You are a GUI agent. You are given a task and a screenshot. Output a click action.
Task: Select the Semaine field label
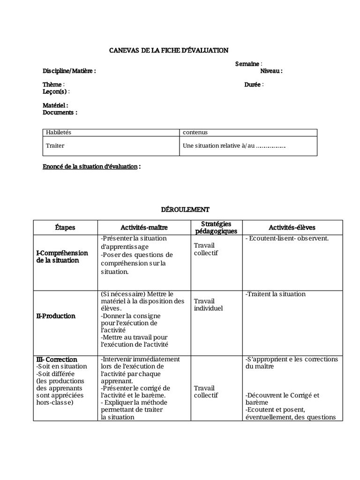pos(248,64)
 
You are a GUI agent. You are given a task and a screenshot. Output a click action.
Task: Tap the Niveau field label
pos(271,71)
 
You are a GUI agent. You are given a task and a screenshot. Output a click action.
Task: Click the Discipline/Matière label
pos(69,71)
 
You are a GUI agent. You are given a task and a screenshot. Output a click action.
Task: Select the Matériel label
pos(55,105)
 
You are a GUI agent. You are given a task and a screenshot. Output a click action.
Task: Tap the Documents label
pos(60,112)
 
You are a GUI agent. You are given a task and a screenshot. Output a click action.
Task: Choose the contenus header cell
pos(195,133)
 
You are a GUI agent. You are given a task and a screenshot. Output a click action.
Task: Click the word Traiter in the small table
pos(55,146)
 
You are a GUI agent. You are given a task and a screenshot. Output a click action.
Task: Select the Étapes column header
pos(65,227)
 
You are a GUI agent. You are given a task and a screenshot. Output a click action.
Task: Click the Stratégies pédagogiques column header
pos(216,227)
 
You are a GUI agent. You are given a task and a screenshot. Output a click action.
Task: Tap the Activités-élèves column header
pos(292,227)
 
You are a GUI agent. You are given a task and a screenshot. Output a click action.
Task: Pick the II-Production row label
pos(56,316)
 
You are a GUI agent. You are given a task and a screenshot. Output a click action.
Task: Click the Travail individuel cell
pos(209,305)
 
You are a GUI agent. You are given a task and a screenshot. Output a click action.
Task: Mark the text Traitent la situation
pos(275,294)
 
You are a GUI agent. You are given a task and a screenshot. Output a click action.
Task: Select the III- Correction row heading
pos(56,360)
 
